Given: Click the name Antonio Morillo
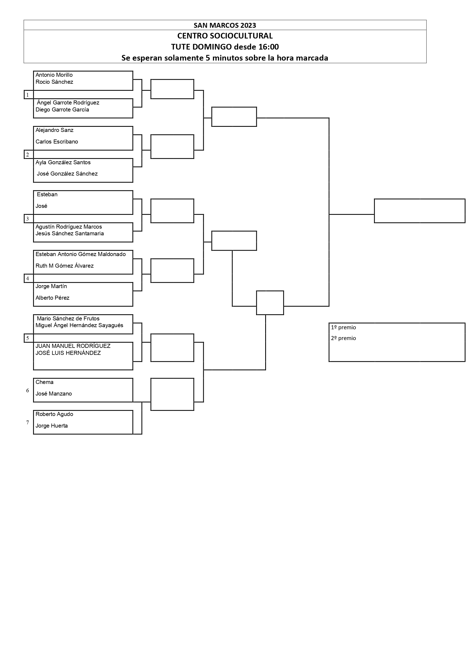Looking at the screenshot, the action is (x=54, y=75).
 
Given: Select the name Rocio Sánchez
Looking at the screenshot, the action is (x=54, y=82).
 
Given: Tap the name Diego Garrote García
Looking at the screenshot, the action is (x=62, y=110).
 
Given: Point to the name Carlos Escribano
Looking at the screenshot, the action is (x=57, y=142).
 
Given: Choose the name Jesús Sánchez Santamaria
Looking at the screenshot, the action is (x=70, y=233).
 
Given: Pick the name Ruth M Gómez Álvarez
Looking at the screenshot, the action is (x=64, y=266).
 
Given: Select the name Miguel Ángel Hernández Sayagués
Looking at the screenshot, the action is (x=79, y=325).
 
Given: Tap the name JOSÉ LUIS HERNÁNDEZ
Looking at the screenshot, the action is (x=68, y=353).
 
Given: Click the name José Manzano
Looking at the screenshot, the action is (x=54, y=394).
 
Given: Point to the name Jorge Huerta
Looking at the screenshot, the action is (x=51, y=426).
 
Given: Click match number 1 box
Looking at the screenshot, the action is (x=29, y=95).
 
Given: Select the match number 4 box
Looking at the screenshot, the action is (x=29, y=278).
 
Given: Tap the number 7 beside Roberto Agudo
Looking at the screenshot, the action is (x=28, y=422).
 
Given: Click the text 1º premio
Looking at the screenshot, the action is (x=343, y=327).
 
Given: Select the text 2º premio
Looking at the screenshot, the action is (x=343, y=338).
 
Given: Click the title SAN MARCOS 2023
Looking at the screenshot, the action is (x=225, y=25).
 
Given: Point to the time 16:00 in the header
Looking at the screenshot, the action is (x=268, y=47).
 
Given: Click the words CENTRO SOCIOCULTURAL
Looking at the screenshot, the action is (x=225, y=36).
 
